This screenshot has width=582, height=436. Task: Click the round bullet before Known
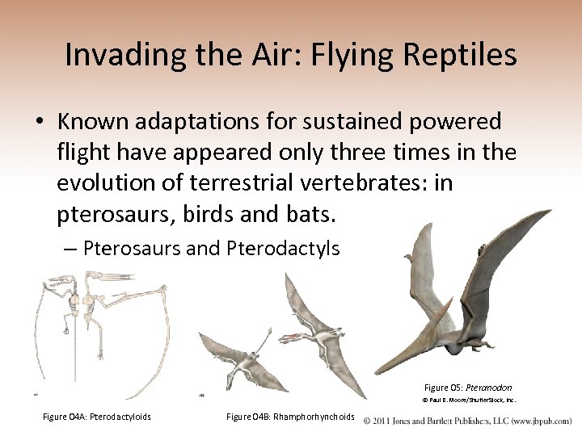point(39,123)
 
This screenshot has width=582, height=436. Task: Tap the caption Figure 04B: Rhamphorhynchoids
point(290,417)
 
